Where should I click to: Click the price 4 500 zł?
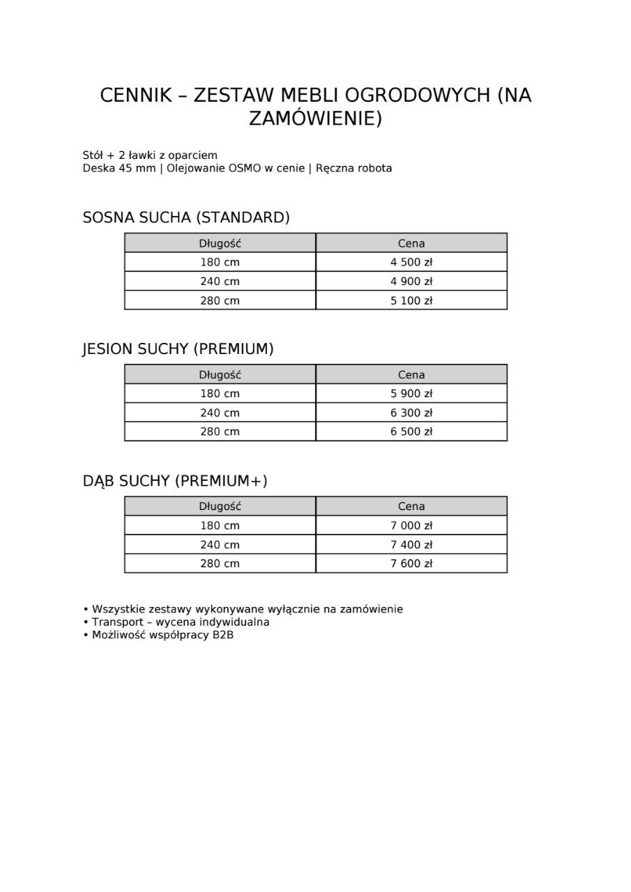coord(411,262)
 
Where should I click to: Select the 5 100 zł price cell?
coord(411,300)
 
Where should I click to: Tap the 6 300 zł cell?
coord(411,413)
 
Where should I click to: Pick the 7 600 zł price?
coord(411,563)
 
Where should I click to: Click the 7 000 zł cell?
coord(411,525)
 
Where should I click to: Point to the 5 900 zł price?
coord(411,393)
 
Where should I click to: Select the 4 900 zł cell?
coord(411,282)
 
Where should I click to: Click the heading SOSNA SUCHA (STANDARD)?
coord(186,217)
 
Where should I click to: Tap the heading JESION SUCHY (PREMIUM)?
coord(178,349)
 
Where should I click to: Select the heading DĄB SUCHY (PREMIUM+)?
coord(175,481)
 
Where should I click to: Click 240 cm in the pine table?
coord(220,282)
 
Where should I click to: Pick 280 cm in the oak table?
coord(220,563)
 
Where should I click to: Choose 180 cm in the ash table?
coord(220,393)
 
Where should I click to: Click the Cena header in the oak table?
coord(411,507)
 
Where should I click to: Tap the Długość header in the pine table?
coord(220,243)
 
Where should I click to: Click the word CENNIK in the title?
coord(136,95)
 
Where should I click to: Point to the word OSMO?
coord(245,168)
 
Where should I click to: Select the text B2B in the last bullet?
coord(223,635)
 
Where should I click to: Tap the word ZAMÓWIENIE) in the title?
coord(316,118)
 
